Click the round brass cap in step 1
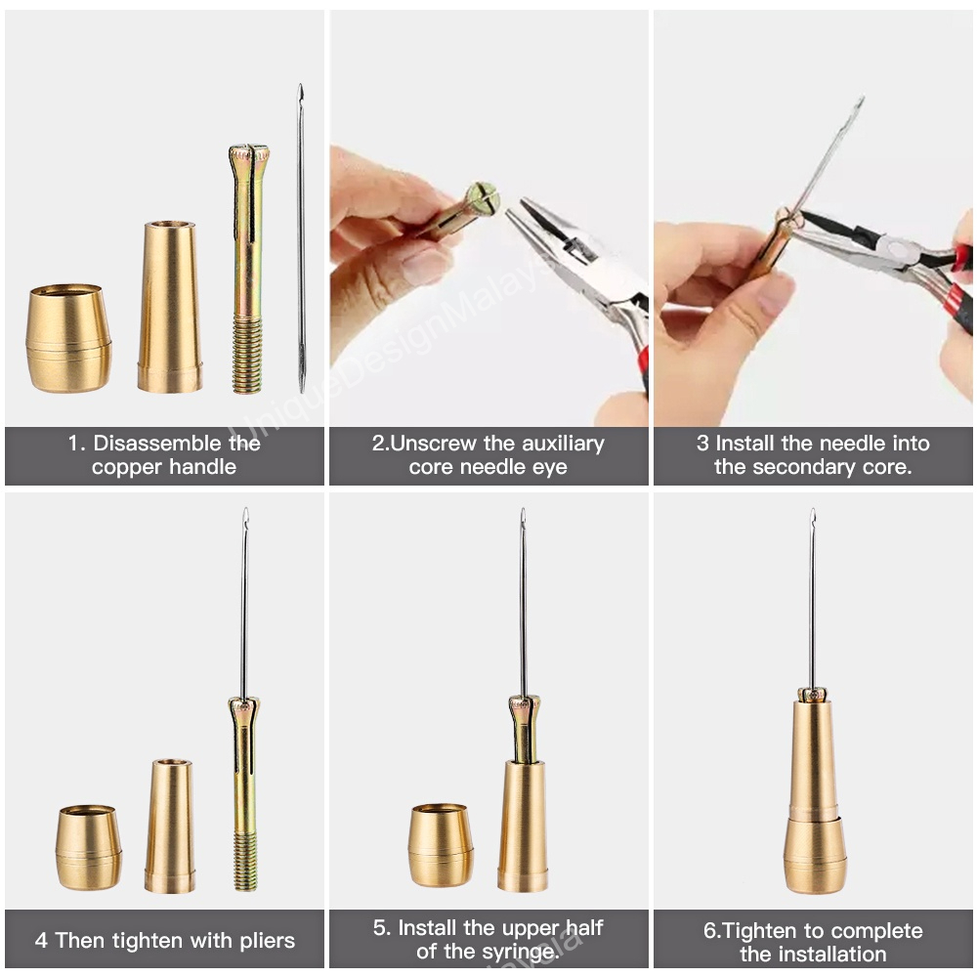click(69, 338)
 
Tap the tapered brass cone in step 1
click(169, 307)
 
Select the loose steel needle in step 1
click(301, 238)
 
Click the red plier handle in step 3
click(955, 294)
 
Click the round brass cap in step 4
click(89, 848)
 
